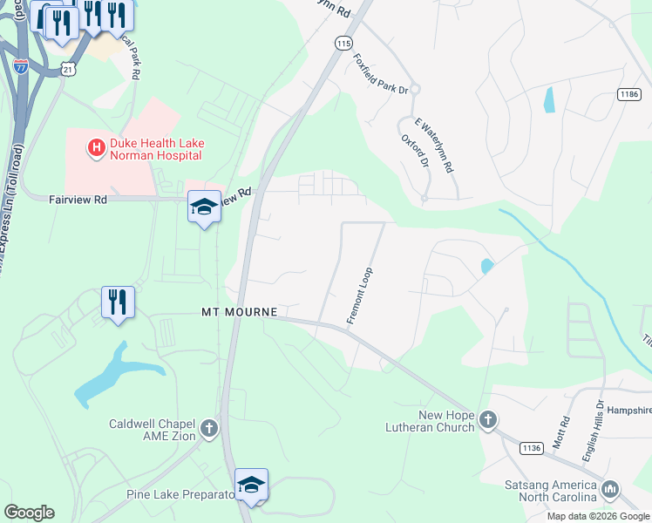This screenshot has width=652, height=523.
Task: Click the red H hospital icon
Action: (95, 149)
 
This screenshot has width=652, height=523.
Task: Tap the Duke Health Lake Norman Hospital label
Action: (156, 149)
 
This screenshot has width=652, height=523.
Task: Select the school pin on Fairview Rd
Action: (204, 207)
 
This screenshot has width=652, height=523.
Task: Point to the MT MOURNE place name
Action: (239, 312)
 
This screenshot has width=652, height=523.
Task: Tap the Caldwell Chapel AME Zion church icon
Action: (208, 428)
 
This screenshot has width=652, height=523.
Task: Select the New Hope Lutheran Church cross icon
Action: (488, 421)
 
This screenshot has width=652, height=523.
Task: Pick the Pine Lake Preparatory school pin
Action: (251, 486)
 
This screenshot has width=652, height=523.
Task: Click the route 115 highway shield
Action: (343, 43)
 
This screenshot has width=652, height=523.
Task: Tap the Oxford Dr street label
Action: (415, 150)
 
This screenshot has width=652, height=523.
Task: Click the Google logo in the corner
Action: (29, 512)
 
